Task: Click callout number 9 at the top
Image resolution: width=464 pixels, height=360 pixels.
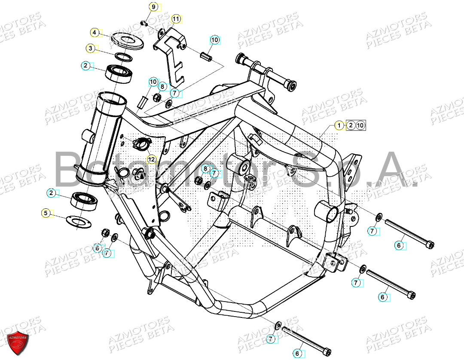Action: point(153,7)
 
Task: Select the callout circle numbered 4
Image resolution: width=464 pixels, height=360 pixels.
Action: point(95,33)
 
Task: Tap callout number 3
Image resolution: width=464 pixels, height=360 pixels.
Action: point(90,49)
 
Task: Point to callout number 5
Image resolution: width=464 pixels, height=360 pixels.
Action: point(45,213)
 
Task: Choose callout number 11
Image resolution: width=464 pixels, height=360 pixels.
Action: point(176,19)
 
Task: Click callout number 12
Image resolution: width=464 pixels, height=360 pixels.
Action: point(151,159)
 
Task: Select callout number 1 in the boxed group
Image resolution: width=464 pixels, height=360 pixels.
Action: point(340,125)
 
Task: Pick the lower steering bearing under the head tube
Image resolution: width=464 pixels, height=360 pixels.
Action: point(86,201)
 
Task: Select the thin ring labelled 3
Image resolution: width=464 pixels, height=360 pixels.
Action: point(124,57)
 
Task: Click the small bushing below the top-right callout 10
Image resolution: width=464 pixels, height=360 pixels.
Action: point(205,56)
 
